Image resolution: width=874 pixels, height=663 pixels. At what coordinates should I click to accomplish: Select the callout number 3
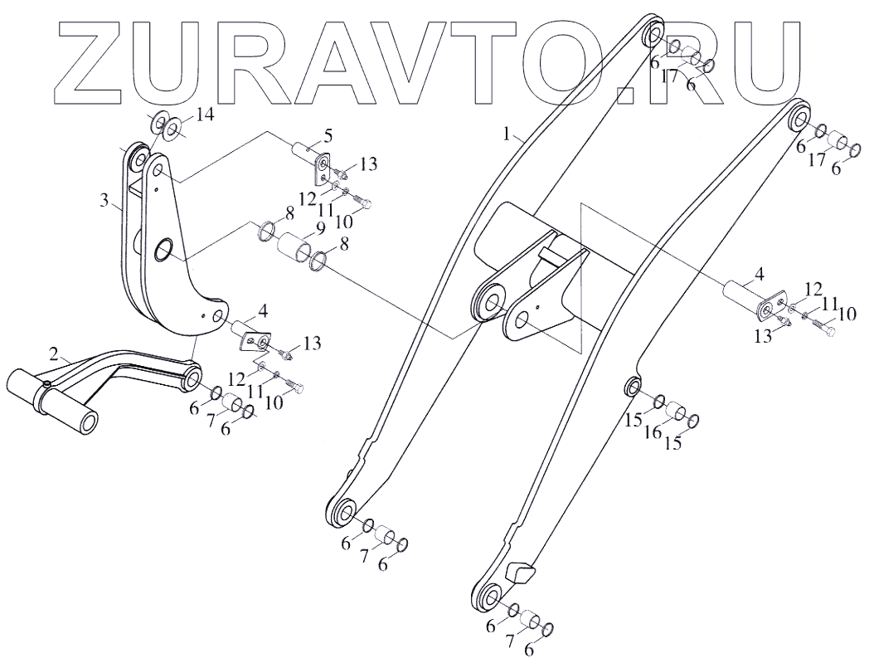click(x=104, y=200)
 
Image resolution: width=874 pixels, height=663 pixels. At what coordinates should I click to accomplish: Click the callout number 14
click(x=205, y=115)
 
